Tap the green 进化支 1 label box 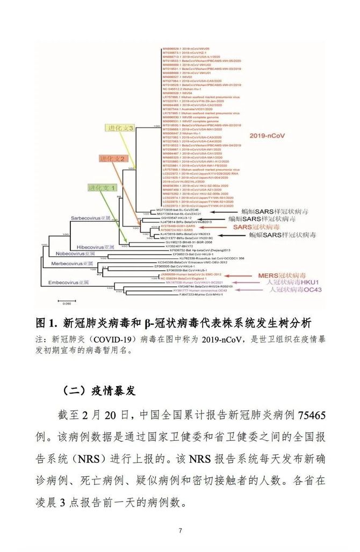click(x=102, y=188)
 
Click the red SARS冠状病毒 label click(x=253, y=227)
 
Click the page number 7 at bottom click(x=181, y=531)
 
